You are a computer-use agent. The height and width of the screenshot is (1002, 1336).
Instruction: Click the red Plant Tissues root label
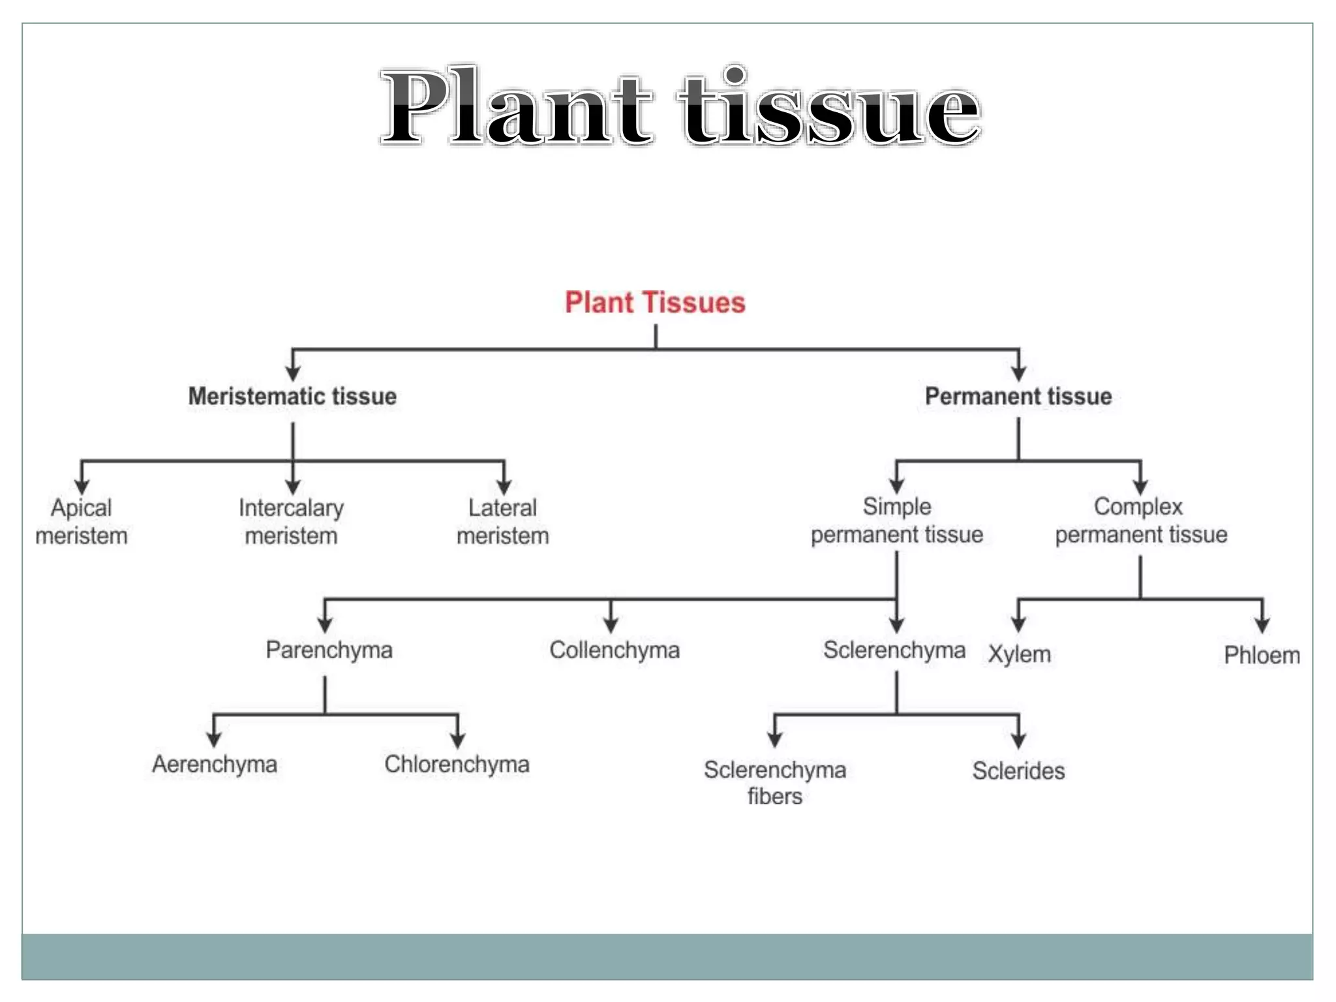point(655,303)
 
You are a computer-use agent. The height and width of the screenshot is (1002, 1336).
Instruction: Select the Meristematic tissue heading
point(292,396)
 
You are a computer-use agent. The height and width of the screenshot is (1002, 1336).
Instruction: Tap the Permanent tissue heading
point(1018,396)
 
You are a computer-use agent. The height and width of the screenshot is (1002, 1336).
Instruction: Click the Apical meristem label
point(82,522)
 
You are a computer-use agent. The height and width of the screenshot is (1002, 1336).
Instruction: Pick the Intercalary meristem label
point(292,522)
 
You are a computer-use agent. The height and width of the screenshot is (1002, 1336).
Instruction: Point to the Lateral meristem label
point(502,522)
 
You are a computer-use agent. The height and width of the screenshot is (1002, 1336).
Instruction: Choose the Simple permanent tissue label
point(897,521)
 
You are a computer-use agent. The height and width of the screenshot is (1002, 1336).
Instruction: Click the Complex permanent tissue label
point(1141,521)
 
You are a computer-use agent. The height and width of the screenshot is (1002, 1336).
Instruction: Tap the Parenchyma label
point(329,650)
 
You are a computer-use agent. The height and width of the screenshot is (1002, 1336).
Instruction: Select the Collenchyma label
point(615,650)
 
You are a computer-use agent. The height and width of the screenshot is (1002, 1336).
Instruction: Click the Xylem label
point(1019,654)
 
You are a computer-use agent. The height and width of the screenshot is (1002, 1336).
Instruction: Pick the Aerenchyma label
point(215,764)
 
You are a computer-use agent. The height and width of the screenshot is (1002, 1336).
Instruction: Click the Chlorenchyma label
point(457,764)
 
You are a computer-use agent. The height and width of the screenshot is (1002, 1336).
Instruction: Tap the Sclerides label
point(1018,771)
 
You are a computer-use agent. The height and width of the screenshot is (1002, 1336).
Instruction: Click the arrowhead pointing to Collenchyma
point(611,625)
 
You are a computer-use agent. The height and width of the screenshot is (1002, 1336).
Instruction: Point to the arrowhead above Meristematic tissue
point(293,373)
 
